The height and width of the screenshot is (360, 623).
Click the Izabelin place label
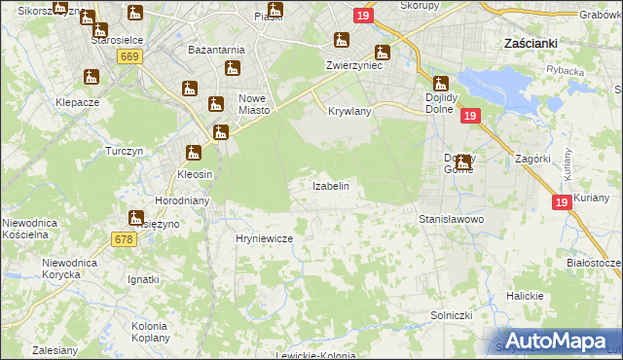pyautogui.click(x=330, y=185)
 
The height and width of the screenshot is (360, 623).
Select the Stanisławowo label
pyautogui.click(x=451, y=220)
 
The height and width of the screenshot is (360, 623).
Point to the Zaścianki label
pyautogui.click(x=531, y=44)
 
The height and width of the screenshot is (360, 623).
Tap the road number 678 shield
pyautogui.click(x=124, y=239)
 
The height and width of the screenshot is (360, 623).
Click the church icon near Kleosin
pyautogui.click(x=194, y=152)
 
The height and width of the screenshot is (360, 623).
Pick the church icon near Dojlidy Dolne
pyautogui.click(x=439, y=84)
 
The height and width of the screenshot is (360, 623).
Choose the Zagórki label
pyautogui.click(x=532, y=157)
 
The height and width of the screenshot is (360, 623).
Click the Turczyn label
pyautogui.click(x=125, y=151)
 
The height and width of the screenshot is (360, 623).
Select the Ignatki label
pyautogui.click(x=143, y=279)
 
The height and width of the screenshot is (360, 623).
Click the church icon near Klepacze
pyautogui.click(x=92, y=77)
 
